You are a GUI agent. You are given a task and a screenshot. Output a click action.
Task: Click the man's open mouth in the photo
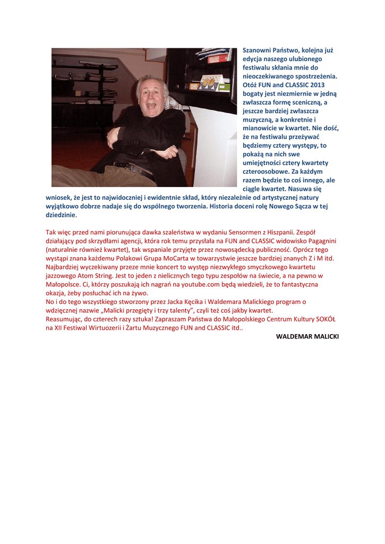click(151, 105)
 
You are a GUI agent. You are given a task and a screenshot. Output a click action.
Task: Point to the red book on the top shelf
click(217, 58)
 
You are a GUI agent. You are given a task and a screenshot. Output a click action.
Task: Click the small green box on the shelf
click(225, 87)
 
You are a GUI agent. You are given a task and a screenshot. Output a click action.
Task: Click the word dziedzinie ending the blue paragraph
click(61, 215)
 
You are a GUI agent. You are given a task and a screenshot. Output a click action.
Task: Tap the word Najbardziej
click(64, 267)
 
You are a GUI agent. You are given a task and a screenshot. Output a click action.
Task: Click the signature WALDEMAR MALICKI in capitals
click(307, 337)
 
